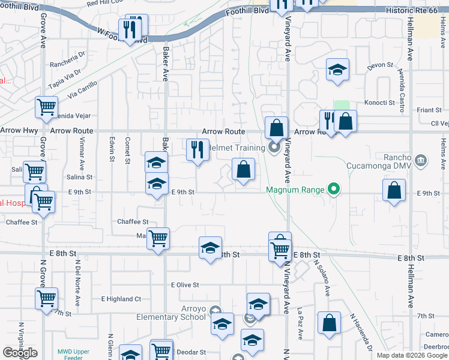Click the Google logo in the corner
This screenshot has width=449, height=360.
20,353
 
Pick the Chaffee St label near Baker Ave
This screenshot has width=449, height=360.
133,222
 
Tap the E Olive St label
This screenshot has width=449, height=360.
185,285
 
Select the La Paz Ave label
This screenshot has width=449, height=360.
299,319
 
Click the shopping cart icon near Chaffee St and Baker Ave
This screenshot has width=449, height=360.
158,238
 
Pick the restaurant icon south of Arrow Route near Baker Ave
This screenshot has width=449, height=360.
197,149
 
